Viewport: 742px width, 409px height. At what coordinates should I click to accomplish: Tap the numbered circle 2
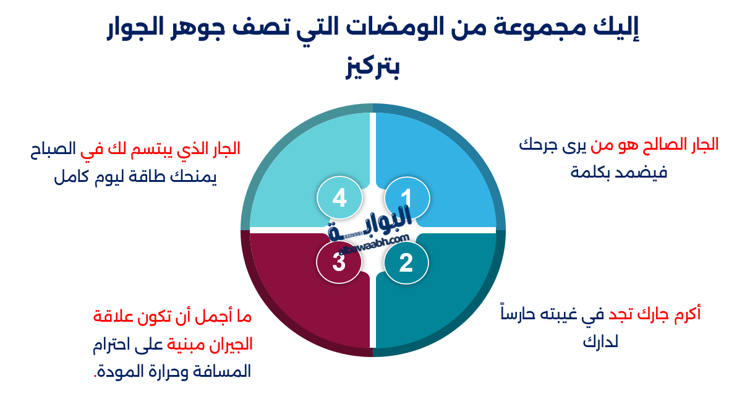click(406, 263)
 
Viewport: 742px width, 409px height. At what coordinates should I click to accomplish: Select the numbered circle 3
click(338, 262)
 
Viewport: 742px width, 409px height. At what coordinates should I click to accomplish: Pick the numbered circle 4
click(339, 198)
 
